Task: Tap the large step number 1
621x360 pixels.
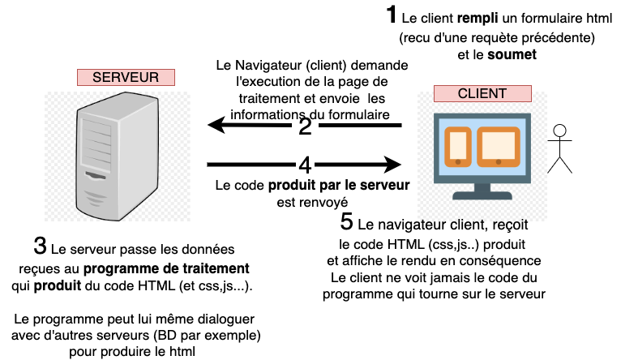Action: pyautogui.click(x=392, y=15)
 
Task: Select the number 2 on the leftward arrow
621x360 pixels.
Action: pyautogui.click(x=305, y=126)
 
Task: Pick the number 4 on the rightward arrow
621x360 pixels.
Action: pyautogui.click(x=305, y=165)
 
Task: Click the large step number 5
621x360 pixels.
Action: pyautogui.click(x=346, y=221)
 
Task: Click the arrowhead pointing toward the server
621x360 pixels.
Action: pyautogui.click(x=216, y=124)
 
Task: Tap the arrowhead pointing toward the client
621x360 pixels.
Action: pyautogui.click(x=394, y=165)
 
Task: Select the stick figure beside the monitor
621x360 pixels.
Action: pyautogui.click(x=558, y=147)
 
